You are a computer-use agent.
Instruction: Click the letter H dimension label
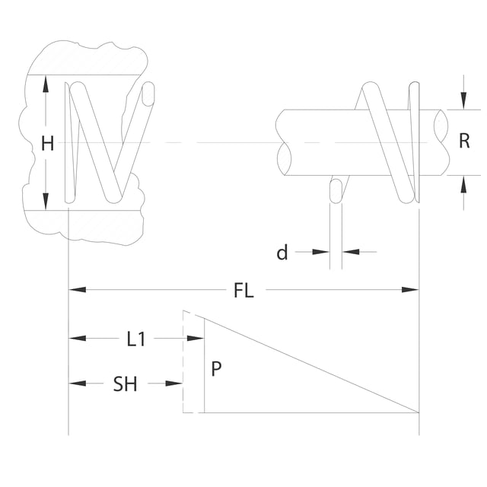point(47,144)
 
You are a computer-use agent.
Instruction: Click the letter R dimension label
point(464,141)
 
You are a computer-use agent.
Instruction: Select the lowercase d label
point(282,252)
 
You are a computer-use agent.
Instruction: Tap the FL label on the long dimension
point(243,291)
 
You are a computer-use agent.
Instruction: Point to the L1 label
point(136,339)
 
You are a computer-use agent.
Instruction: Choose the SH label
point(125,384)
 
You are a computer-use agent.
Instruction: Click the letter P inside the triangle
point(216,368)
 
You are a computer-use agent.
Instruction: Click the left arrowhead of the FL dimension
point(77,290)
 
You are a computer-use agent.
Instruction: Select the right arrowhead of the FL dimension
point(410,290)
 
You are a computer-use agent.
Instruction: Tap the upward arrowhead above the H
point(46,84)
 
